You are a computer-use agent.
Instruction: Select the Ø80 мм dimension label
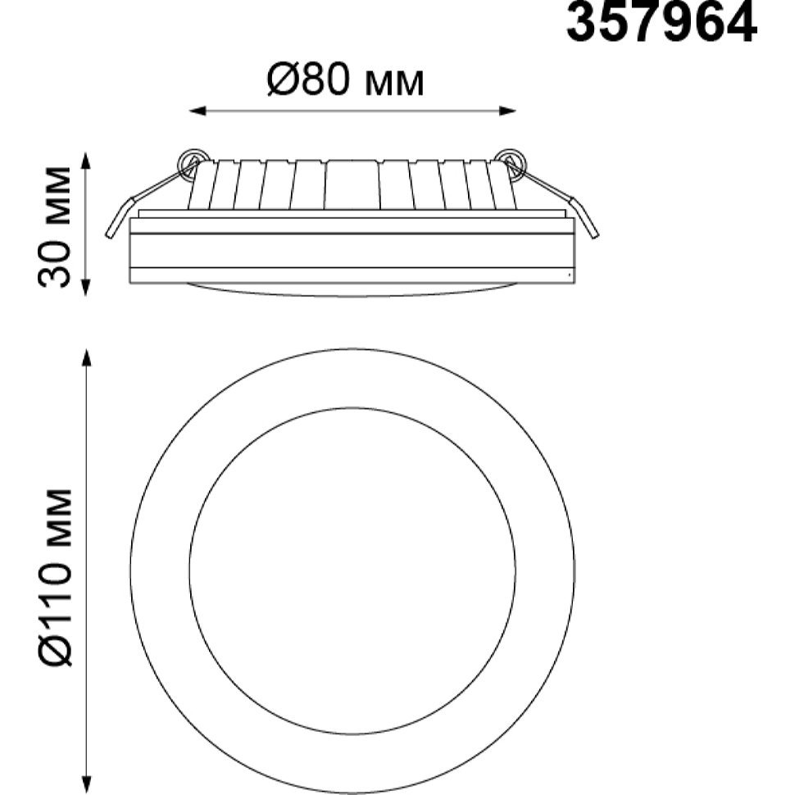point(345,81)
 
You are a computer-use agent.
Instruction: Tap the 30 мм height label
point(54,226)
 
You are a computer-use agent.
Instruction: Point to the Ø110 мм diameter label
point(54,577)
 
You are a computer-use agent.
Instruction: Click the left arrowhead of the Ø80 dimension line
point(198,111)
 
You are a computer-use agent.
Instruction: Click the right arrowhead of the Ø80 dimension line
point(507,111)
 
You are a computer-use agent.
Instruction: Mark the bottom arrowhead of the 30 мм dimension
point(86,288)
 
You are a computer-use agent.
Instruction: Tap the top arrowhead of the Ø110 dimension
point(86,357)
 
